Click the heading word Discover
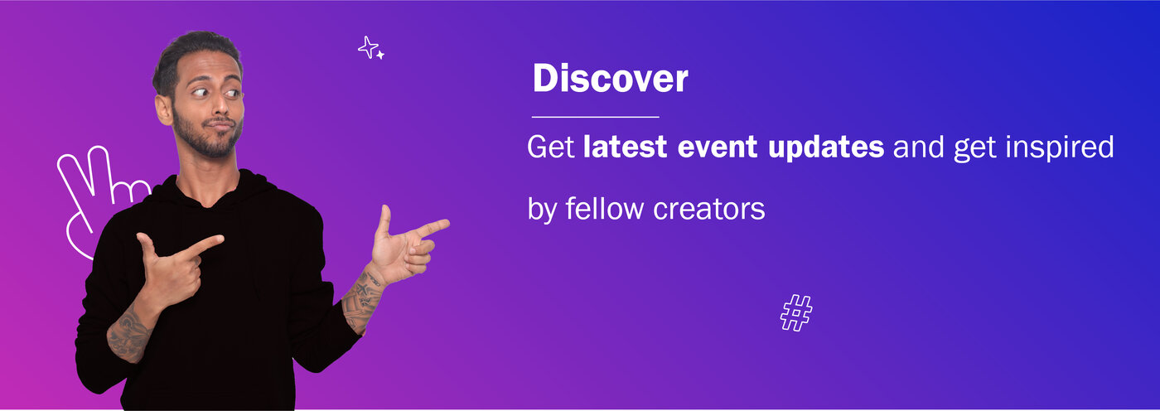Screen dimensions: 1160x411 611,78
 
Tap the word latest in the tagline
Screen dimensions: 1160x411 625,147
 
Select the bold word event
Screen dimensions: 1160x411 718,147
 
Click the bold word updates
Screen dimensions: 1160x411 826,148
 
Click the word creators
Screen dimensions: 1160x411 709,209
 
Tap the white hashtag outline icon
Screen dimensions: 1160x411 796,312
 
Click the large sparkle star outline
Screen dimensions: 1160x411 368,47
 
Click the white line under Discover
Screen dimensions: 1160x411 595,117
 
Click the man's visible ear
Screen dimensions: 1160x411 164,109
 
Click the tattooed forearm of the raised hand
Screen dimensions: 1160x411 363,300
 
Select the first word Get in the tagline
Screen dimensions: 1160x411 550,147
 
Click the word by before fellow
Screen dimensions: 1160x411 541,210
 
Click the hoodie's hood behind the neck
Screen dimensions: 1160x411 254,186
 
